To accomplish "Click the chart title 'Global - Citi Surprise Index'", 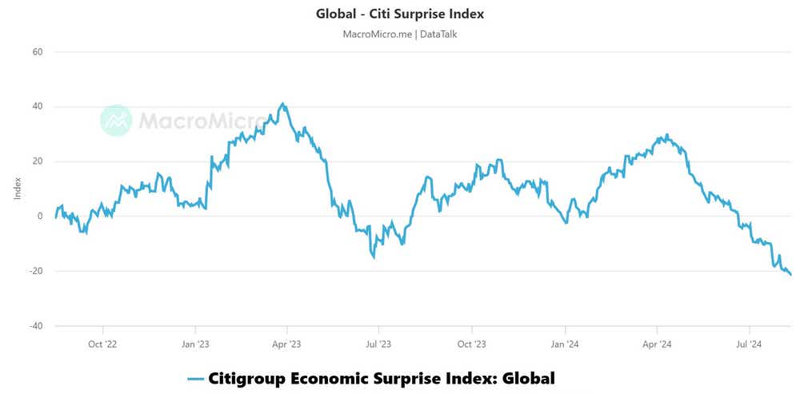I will [400, 14].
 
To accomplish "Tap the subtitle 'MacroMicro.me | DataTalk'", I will [399, 34].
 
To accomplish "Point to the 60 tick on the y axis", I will [37, 52].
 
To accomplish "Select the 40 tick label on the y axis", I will [37, 107].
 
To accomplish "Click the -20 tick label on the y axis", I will [35, 272].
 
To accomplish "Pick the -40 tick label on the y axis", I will [35, 326].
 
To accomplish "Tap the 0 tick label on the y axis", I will [39, 217].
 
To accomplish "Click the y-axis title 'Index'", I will [18, 189].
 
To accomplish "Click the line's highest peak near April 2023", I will [282, 104].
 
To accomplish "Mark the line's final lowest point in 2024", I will [791, 275].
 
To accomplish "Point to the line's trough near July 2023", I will [374, 257].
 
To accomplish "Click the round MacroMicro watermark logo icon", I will [116, 120].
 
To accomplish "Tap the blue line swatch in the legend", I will [195, 379].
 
